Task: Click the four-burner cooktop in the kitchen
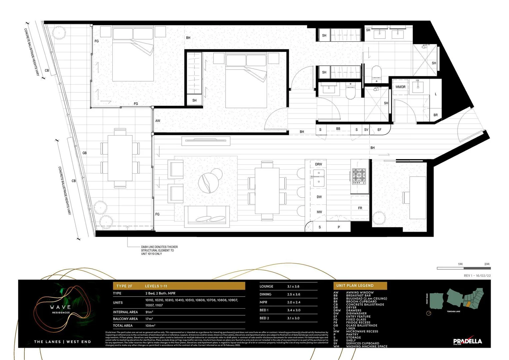[x=359, y=176]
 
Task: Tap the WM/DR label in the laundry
[x=400, y=87]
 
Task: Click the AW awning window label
[x=158, y=121]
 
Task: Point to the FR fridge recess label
[x=360, y=208]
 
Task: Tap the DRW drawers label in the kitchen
[x=319, y=164]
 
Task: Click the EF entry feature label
[x=379, y=130]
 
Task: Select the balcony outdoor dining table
[x=120, y=158]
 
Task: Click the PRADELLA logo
[x=467, y=341]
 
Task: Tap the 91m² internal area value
[x=149, y=312]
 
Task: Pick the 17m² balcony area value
[x=149, y=319]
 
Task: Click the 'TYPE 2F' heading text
[x=124, y=286]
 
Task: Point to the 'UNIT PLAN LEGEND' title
[x=355, y=286]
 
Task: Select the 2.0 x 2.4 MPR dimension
[x=294, y=302]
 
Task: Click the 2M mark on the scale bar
[x=487, y=264]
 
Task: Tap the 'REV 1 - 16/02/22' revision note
[x=477, y=276]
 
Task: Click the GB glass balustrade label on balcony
[x=85, y=153]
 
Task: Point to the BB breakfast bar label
[x=338, y=129]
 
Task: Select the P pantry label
[x=339, y=227]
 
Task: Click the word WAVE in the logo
[x=60, y=307]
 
